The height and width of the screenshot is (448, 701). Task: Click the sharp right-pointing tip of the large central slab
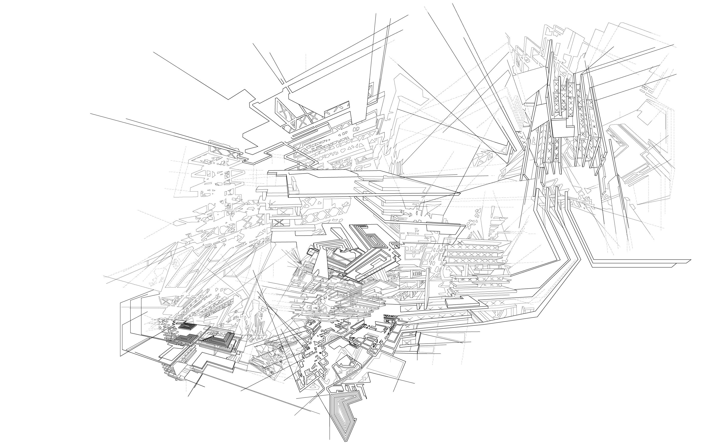click(459, 193)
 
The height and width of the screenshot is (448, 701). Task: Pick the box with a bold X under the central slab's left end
click(279, 222)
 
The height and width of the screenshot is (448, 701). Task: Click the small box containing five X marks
click(417, 274)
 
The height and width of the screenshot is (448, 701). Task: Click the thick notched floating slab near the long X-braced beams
click(466, 301)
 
